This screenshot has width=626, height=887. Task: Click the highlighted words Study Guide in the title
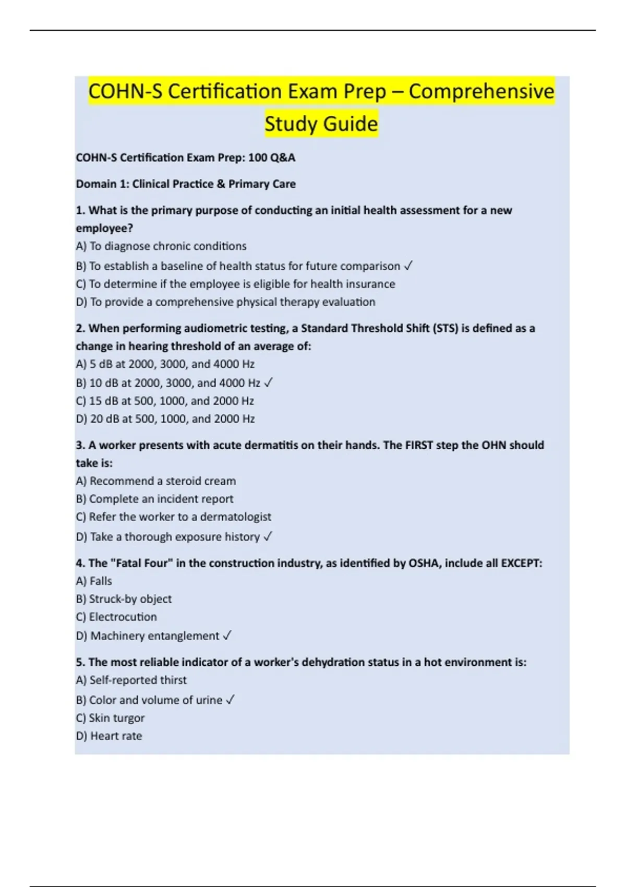[x=321, y=124]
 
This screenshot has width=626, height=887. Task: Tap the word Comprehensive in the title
[x=481, y=91]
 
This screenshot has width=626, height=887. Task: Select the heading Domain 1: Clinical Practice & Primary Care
[x=186, y=184]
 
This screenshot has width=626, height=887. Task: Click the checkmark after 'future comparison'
[x=408, y=266]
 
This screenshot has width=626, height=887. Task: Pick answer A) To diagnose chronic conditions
[x=161, y=246]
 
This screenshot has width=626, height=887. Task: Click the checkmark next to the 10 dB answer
[x=268, y=383]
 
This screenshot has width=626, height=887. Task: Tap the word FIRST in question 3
[x=419, y=445]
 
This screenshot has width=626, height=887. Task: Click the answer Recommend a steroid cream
[x=156, y=481]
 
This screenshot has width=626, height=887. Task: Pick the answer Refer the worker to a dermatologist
[x=174, y=517]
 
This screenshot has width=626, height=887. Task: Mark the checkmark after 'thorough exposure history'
[x=268, y=537]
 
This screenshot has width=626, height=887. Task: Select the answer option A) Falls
[x=94, y=581]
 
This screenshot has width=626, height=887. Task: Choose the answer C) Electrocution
[x=116, y=617]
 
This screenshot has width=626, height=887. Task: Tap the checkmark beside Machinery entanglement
[x=227, y=636]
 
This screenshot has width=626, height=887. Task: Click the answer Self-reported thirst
[x=131, y=680]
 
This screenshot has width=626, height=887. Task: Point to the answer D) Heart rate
[x=109, y=736]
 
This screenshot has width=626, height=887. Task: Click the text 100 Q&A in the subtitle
[x=271, y=158]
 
